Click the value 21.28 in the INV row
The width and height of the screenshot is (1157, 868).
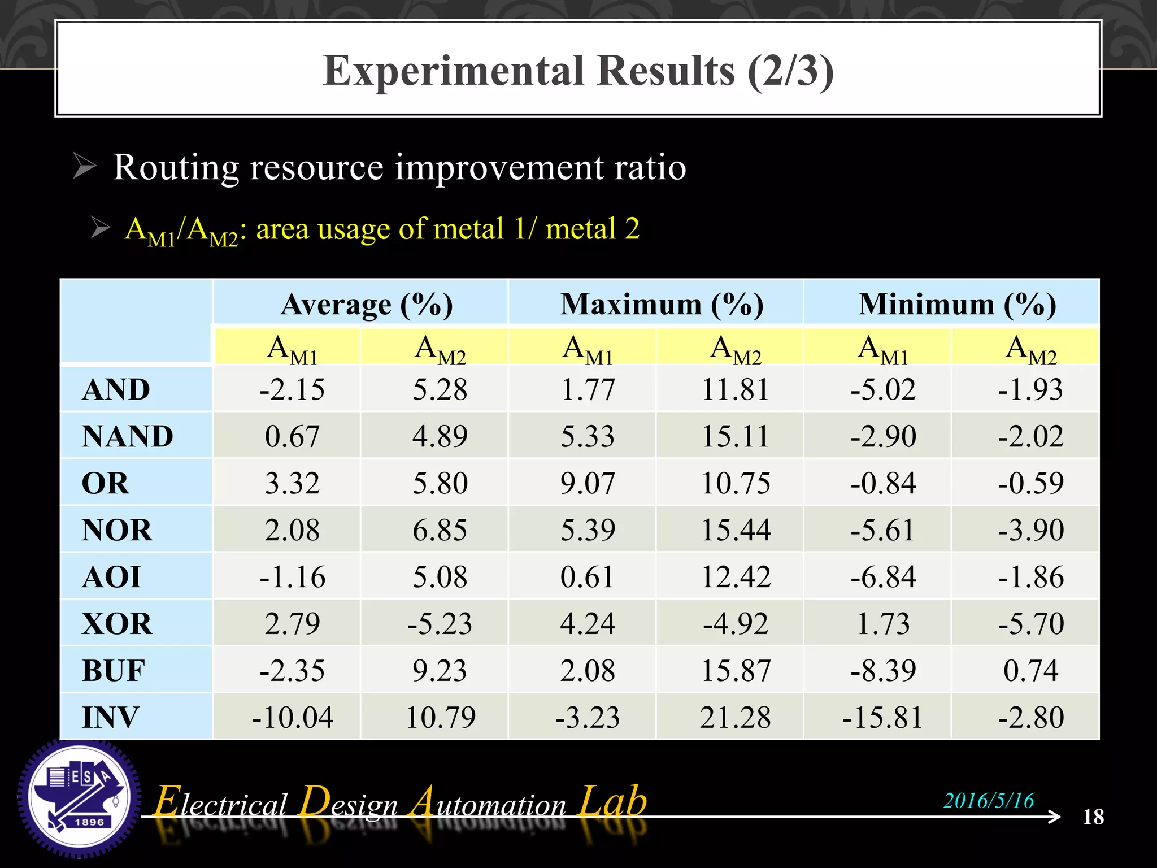[x=735, y=717]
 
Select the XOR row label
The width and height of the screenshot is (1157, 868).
[x=117, y=624]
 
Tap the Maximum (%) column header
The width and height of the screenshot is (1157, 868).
[x=662, y=305]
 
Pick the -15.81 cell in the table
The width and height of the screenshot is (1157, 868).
[x=882, y=717]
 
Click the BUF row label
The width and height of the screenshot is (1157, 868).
[x=113, y=671]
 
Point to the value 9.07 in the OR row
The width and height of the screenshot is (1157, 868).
[x=588, y=483]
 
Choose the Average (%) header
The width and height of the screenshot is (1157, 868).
[x=367, y=305]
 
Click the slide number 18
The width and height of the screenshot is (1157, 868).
[x=1093, y=817]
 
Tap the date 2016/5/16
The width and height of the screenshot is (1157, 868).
[x=989, y=800]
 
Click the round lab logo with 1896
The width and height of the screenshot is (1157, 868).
[x=79, y=798]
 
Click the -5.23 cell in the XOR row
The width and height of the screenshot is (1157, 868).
[x=440, y=624]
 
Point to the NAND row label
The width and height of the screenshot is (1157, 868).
[x=127, y=436]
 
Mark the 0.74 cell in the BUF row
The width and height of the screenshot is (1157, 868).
[x=1030, y=671]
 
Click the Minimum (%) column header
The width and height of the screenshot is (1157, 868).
[x=957, y=305]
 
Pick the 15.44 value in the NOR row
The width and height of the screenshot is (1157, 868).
[x=735, y=530]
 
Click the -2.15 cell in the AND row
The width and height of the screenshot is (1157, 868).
[x=292, y=389]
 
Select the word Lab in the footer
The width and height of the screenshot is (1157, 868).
[x=614, y=801]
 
